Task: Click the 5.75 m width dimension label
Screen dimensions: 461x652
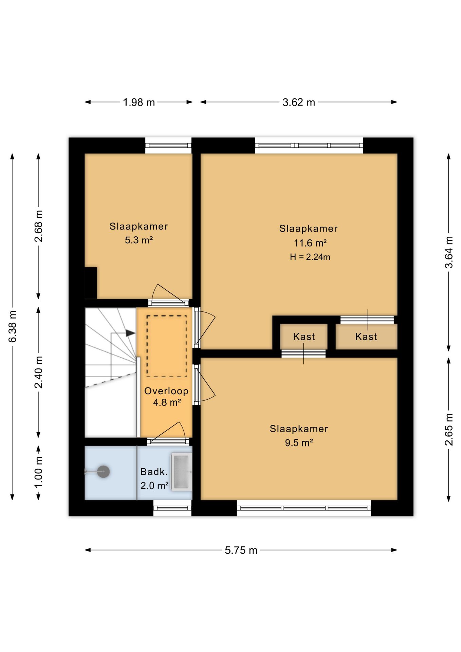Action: pos(241,550)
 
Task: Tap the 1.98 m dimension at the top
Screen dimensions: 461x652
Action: pos(139,102)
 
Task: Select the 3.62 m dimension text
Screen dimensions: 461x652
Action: pos(299,102)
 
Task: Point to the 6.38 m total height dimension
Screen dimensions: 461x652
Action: pos(12,326)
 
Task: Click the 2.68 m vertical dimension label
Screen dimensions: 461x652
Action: pos(39,226)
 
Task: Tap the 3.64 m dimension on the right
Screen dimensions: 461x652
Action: pos(449,252)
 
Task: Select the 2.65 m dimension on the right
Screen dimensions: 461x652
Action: pos(449,430)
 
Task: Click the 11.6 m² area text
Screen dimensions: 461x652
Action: pos(310,243)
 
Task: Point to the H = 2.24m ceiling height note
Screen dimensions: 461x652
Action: pos(310,257)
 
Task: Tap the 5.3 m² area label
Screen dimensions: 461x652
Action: pos(139,240)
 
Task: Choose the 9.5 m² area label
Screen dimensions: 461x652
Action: pos(299,443)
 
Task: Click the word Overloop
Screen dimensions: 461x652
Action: pos(166,391)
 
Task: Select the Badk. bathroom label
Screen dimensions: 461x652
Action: pos(154,472)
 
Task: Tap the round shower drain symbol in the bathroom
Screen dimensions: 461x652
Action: pos(103,472)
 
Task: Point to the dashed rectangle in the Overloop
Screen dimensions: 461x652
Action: pos(166,346)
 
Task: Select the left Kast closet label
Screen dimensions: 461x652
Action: pos(304,337)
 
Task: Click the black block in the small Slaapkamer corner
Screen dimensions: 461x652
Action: pos(91,283)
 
